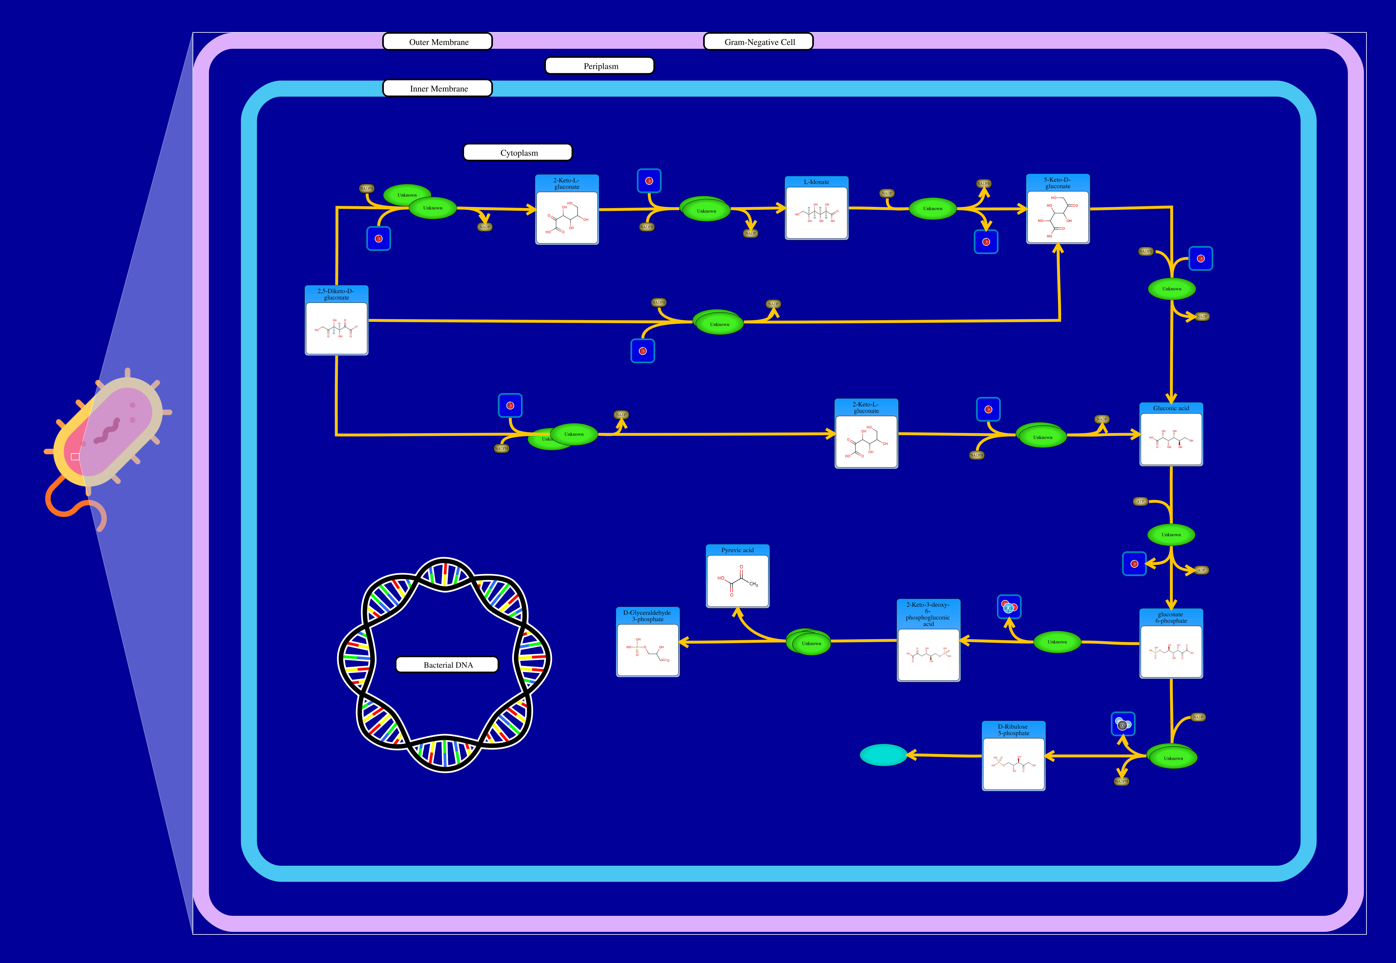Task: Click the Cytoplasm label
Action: click(x=518, y=153)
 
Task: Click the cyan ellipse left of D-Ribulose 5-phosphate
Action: click(x=883, y=755)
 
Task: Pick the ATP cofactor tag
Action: click(x=1140, y=501)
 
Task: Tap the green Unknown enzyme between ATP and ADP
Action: click(x=1170, y=535)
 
